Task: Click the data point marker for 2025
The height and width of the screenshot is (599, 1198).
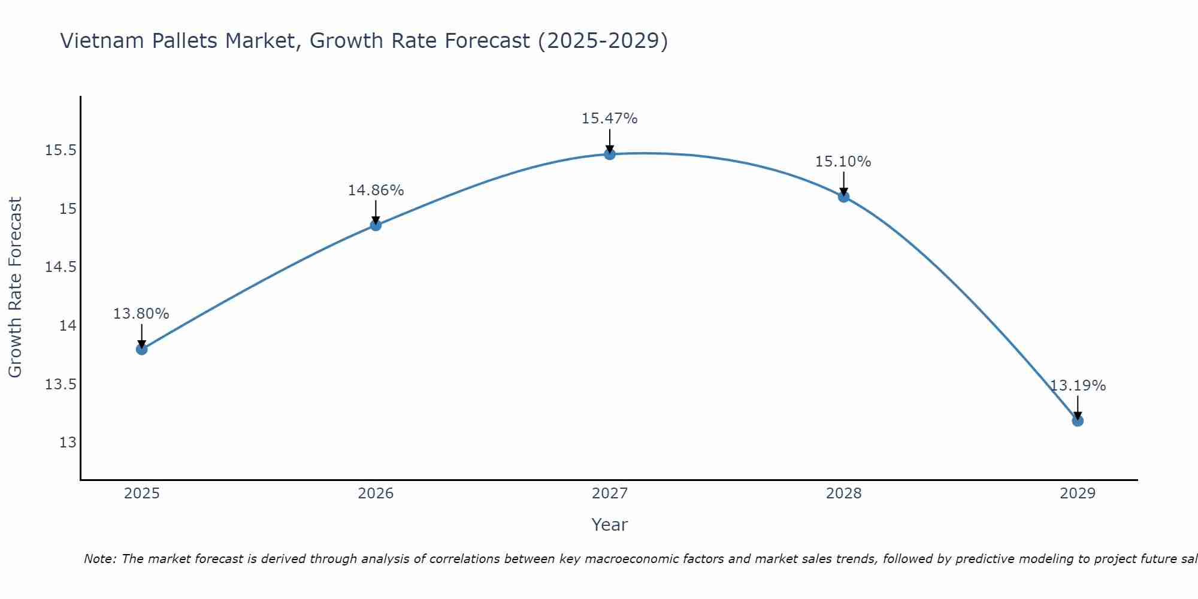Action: pos(142,349)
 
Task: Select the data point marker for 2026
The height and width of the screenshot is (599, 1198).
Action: pos(376,225)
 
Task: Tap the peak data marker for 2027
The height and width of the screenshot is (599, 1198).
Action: pos(610,154)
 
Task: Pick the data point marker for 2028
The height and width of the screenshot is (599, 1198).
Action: pos(843,196)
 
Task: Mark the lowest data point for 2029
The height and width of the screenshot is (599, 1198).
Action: pos(1078,420)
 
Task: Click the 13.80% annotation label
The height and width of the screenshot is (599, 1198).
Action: pos(141,314)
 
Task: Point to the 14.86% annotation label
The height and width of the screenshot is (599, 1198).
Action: pos(376,190)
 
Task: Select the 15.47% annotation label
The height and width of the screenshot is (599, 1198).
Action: pos(609,119)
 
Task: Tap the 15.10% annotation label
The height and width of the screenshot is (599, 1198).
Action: pos(843,162)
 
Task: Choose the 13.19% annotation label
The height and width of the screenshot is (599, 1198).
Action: pos(1078,386)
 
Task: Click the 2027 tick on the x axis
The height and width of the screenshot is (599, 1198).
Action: pos(610,494)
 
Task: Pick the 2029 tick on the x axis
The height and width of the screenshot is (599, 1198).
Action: pos(1078,494)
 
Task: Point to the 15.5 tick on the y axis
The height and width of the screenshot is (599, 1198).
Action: pos(61,150)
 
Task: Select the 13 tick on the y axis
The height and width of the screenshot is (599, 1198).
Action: pos(68,443)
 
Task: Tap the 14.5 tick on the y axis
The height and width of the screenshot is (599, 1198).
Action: pos(61,267)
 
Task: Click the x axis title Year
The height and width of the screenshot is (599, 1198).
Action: pos(609,525)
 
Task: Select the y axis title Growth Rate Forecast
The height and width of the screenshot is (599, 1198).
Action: pos(15,288)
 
